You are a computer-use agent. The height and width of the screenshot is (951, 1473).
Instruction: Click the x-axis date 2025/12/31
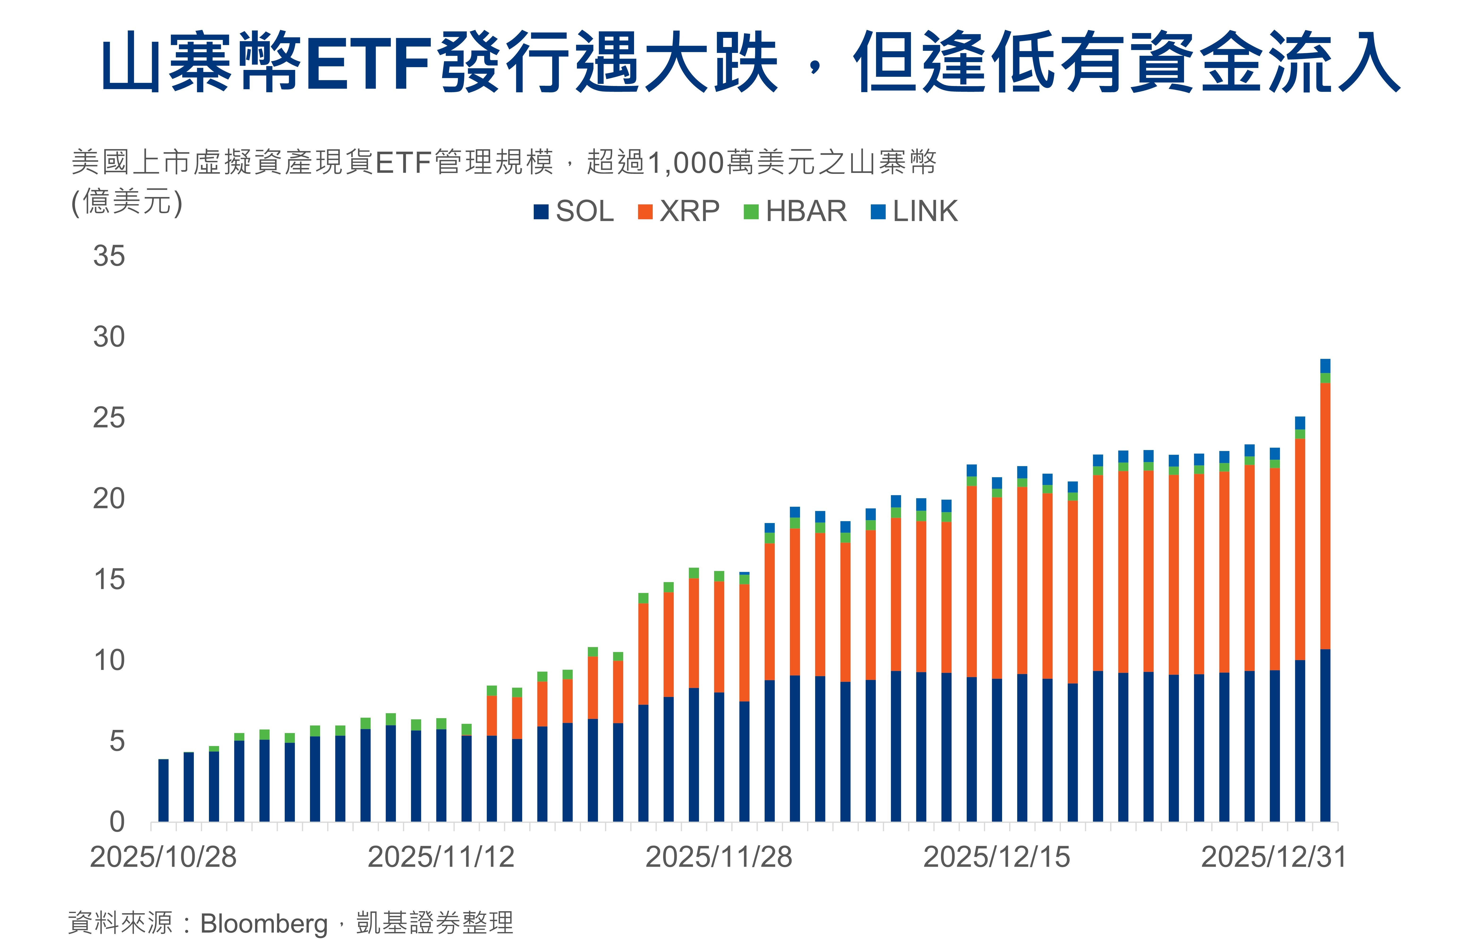pos(1274,857)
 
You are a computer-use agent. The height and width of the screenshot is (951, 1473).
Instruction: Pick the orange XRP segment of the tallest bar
pos(1325,516)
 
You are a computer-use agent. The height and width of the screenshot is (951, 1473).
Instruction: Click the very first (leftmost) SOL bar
pos(164,790)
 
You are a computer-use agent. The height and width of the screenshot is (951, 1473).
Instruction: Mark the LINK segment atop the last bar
pos(1325,366)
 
